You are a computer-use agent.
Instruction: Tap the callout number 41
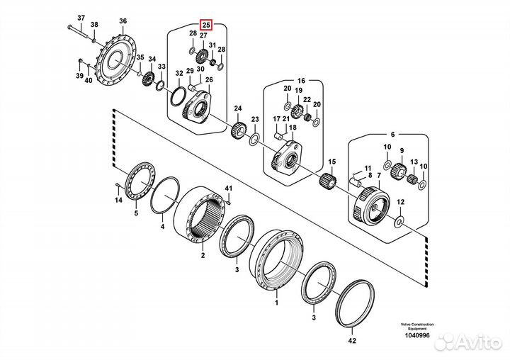(228, 187)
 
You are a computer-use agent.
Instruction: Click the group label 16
(300, 81)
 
